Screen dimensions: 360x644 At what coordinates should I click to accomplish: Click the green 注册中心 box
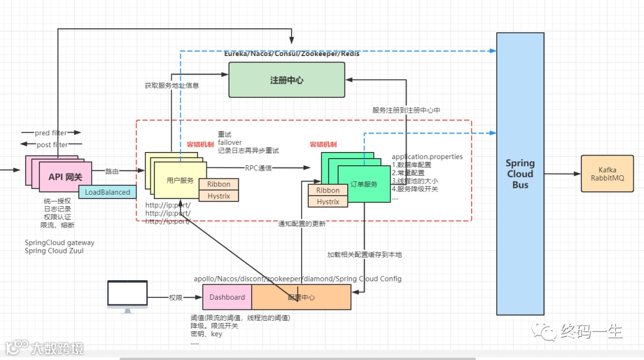pos(287,80)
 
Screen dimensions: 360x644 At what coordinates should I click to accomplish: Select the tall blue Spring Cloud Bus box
pos(520,173)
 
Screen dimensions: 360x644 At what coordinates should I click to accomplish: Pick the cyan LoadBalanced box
pos(107,193)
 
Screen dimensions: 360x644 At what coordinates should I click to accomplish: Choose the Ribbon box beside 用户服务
pos(218,184)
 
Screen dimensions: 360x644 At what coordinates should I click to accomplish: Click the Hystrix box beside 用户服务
pos(218,195)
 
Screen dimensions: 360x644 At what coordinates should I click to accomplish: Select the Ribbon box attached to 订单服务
pos(327,190)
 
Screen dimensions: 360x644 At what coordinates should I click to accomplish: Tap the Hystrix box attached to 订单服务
pos(327,201)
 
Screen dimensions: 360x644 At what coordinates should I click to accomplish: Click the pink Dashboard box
pos(227,297)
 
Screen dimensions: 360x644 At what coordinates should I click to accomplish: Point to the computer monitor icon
pos(127,295)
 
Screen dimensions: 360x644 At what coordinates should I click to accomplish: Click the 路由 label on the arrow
pos(112,171)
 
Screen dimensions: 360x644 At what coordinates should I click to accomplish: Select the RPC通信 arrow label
pos(258,168)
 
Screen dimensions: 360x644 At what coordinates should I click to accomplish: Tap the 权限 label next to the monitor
pos(175,297)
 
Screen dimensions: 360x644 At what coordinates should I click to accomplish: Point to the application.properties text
pos(427,157)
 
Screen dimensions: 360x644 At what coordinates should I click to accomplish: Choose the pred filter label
pos(50,132)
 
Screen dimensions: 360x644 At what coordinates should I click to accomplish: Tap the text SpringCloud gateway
pos(60,243)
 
